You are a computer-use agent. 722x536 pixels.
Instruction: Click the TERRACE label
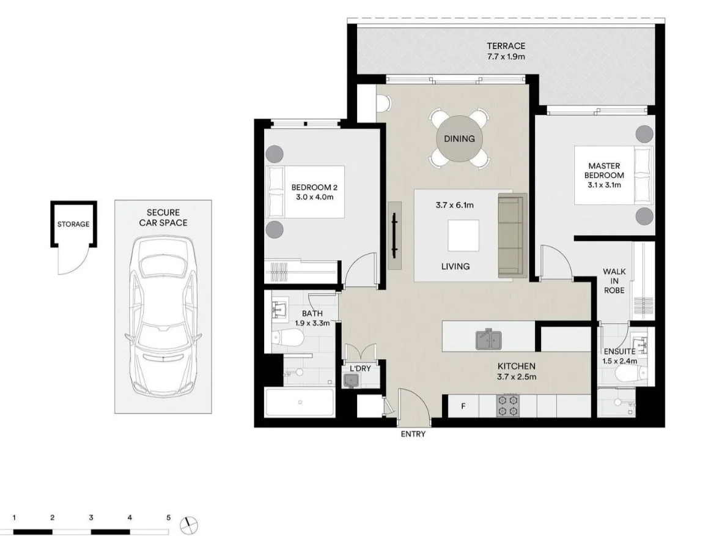[506, 46]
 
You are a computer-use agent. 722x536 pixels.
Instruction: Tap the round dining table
[459, 139]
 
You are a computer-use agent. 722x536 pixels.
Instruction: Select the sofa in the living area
[512, 236]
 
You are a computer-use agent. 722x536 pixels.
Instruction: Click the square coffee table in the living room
[463, 236]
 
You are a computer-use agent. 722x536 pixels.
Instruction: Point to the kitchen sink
[488, 339]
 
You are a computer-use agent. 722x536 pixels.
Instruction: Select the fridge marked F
[463, 406]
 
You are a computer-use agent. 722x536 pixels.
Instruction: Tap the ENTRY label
[413, 434]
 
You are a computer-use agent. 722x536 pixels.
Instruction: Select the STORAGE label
[73, 225]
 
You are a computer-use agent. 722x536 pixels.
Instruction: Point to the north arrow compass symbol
[190, 524]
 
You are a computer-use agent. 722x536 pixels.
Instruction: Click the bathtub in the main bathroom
[300, 402]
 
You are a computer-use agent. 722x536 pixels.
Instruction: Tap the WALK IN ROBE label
[614, 281]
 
